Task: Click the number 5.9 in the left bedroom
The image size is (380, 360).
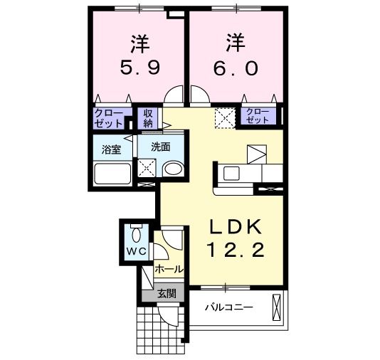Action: tap(139, 70)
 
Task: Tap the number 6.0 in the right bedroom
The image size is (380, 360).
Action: tap(236, 70)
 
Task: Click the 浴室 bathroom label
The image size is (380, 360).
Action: tap(111, 149)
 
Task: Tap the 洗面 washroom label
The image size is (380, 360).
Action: tap(159, 147)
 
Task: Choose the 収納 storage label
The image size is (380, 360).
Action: tap(148, 118)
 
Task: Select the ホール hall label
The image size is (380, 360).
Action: tap(169, 270)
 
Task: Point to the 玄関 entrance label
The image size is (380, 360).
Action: tap(167, 292)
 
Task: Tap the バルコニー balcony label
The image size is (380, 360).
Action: tap(229, 307)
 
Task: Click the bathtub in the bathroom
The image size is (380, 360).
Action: tap(112, 173)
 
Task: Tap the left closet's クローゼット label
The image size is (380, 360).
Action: tap(111, 117)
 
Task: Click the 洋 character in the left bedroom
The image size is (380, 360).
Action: tap(139, 43)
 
